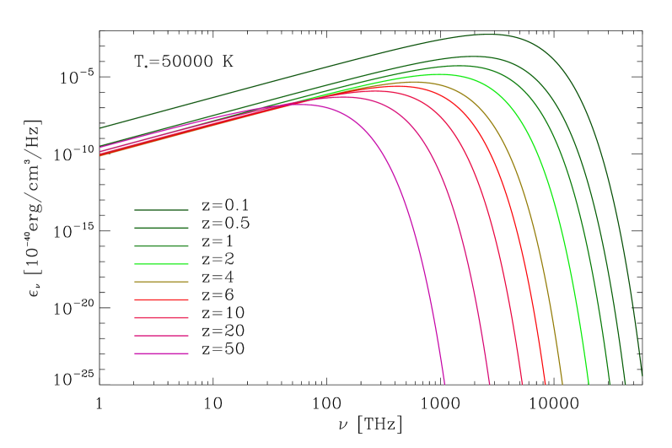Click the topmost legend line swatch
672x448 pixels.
(161, 210)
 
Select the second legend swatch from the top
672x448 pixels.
(161, 228)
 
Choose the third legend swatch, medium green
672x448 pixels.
(161, 246)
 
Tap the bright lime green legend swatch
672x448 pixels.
(161, 264)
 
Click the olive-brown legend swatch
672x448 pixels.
(161, 282)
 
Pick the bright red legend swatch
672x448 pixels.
(161, 300)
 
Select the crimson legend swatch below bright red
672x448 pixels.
(161, 318)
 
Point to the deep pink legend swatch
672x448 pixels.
(161, 336)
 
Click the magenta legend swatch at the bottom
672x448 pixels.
(161, 354)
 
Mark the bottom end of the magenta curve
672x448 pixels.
(444, 382)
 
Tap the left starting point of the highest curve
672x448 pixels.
(101, 127)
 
